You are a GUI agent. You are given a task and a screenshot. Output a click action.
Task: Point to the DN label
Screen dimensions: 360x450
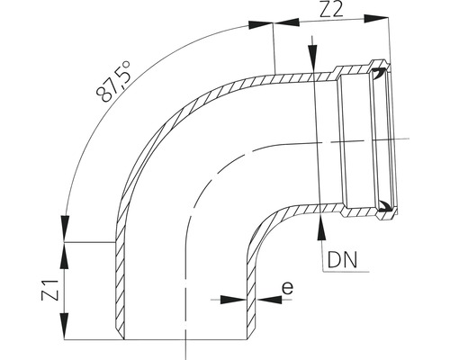[x=341, y=262]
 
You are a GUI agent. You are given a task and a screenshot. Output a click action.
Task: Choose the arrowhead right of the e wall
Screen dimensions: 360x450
[x=261, y=297]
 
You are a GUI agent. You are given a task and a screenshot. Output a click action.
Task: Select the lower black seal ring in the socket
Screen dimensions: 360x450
[x=385, y=206]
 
